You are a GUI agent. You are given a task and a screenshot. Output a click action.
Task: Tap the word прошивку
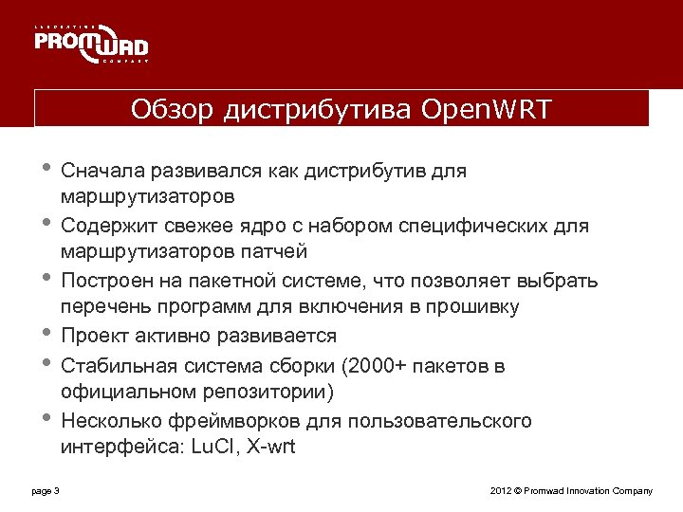pyautogui.click(x=472, y=306)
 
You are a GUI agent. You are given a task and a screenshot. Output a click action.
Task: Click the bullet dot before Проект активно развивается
pyautogui.click(x=46, y=334)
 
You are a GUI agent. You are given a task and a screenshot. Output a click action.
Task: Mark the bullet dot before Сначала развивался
pyautogui.click(x=46, y=169)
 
